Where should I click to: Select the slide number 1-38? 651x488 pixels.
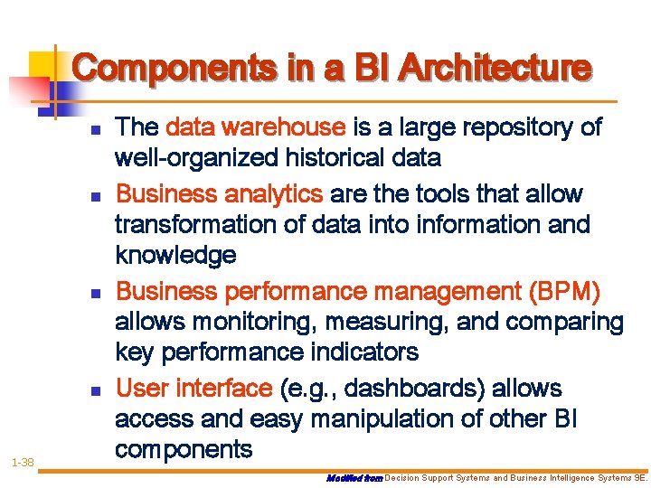tap(23, 463)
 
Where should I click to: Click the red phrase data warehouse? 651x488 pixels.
tap(257, 128)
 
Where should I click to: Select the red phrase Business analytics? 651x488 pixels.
tap(220, 194)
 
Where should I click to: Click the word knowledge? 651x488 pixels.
tap(175, 256)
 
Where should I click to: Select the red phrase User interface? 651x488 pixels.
tap(194, 389)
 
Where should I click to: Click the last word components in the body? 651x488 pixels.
tap(184, 450)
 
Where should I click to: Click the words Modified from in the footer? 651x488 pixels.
tap(354, 475)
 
